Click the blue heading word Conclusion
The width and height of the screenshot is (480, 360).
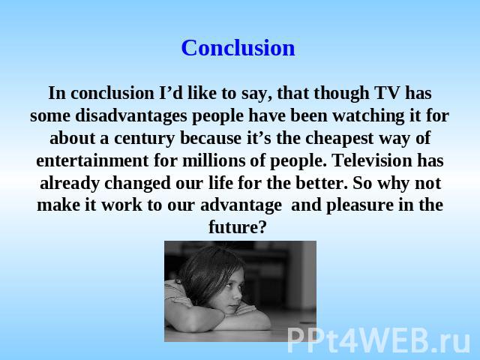coord(238,48)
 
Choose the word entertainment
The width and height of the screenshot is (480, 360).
coord(92,160)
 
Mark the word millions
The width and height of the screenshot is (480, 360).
coord(214,160)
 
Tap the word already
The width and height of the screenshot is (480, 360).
coord(70,184)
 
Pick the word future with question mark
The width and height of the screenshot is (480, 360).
coord(238,227)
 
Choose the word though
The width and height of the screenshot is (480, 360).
coord(342,94)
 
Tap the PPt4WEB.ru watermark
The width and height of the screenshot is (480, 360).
coord(379,340)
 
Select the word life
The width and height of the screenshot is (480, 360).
coord(220,183)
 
